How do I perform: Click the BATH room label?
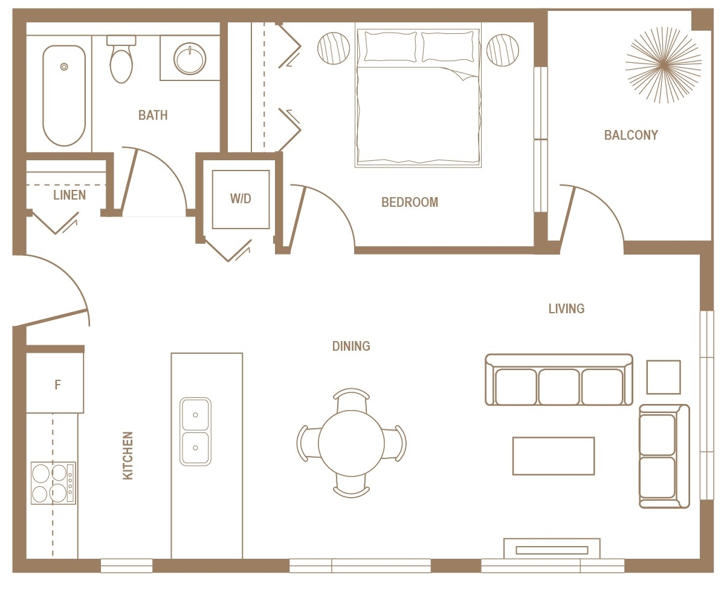(x=153, y=115)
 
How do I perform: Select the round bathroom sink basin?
(x=190, y=59)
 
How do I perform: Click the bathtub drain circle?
(x=64, y=67)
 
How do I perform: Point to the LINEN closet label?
(x=69, y=195)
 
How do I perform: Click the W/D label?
(x=241, y=199)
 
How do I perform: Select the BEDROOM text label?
(x=410, y=203)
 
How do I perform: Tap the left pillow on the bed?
(x=390, y=47)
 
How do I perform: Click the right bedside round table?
(x=503, y=50)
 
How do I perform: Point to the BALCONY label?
(x=631, y=135)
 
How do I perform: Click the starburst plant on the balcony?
(x=664, y=63)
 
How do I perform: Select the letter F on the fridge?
(x=58, y=385)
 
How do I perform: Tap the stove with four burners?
(x=53, y=483)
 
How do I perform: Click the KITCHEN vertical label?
(x=128, y=455)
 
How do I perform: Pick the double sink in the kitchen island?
(x=195, y=431)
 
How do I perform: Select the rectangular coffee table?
(x=554, y=456)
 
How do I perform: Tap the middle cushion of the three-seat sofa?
(x=559, y=387)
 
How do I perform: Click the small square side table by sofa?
(x=664, y=377)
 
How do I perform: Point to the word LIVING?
(x=566, y=309)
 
